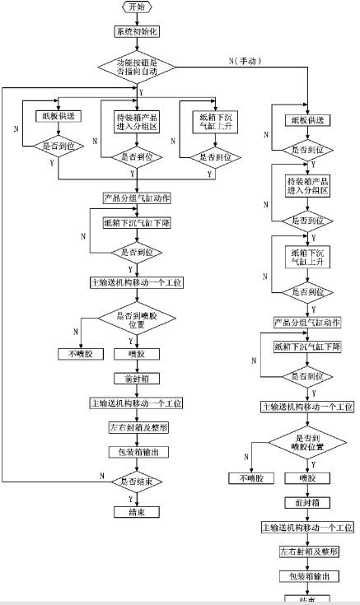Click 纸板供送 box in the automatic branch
(x=55, y=117)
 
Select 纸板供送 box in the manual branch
(x=306, y=120)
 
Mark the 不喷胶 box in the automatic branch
(x=77, y=355)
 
